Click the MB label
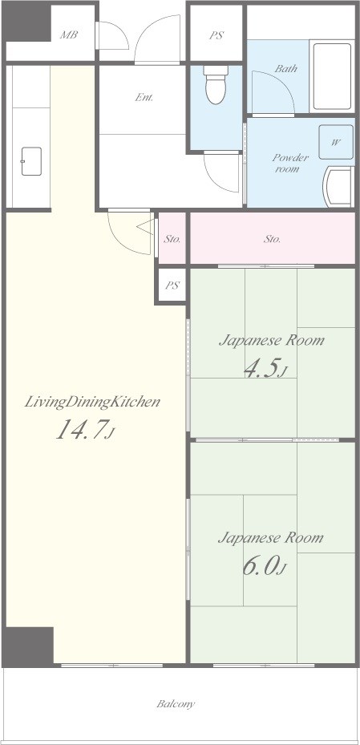pyautogui.click(x=68, y=35)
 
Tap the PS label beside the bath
pyautogui.click(x=216, y=35)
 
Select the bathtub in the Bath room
pyautogui.click(x=330, y=76)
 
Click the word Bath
pyautogui.click(x=285, y=69)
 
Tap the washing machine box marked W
pyautogui.click(x=335, y=143)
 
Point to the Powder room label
pyautogui.click(x=286, y=163)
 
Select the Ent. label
pyautogui.click(x=144, y=98)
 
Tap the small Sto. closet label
pyautogui.click(x=172, y=239)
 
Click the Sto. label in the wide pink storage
pyautogui.click(x=272, y=239)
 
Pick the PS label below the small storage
pyautogui.click(x=172, y=285)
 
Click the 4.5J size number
pyautogui.click(x=265, y=368)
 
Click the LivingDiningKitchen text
pyautogui.click(x=92, y=402)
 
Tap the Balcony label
pyautogui.click(x=176, y=704)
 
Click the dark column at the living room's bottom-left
pyautogui.click(x=28, y=646)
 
